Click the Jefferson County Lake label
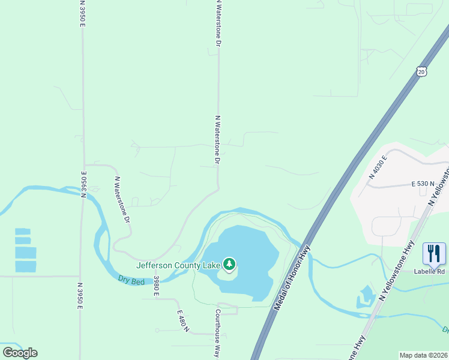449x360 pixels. click(x=179, y=265)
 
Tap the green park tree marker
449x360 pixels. click(x=229, y=264)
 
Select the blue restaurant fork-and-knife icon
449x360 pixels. click(x=434, y=254)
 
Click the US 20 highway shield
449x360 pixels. click(x=421, y=71)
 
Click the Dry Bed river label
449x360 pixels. click(x=132, y=279)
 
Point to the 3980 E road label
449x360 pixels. click(x=156, y=286)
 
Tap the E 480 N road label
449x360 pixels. click(x=183, y=321)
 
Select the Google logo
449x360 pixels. click(x=20, y=352)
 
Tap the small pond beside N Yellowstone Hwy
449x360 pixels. click(x=366, y=296)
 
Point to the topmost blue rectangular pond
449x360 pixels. click(x=23, y=231)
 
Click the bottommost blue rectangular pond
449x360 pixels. click(x=25, y=266)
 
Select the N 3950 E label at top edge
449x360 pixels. click(x=82, y=13)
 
